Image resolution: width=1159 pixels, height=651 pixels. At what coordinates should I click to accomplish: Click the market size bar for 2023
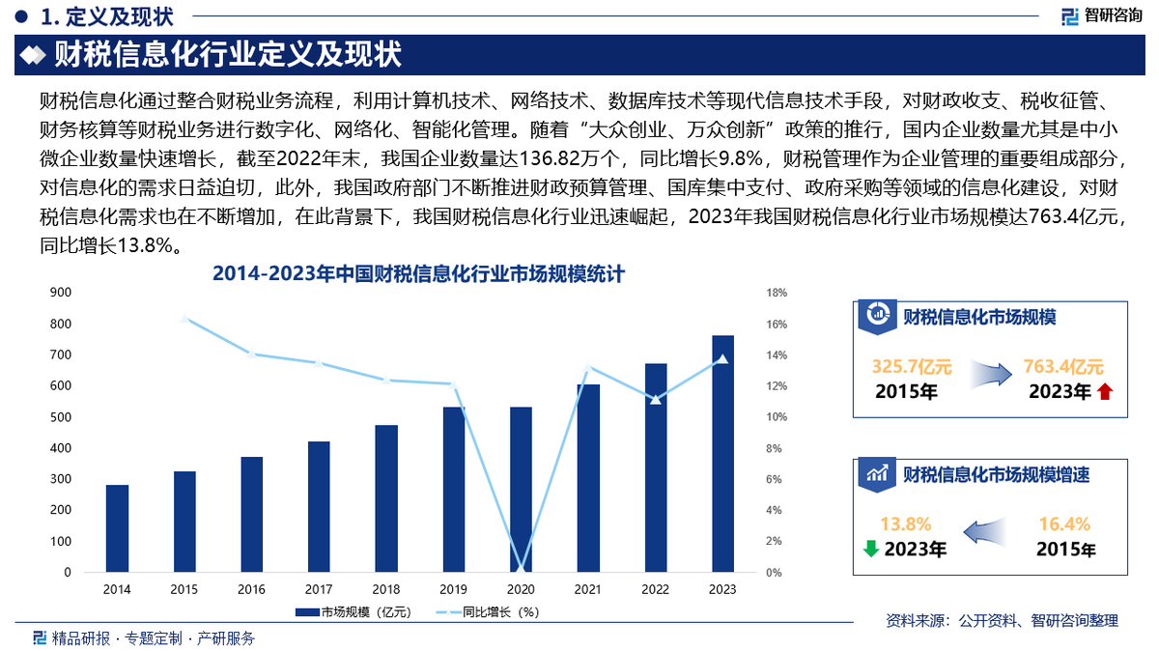[x=722, y=454]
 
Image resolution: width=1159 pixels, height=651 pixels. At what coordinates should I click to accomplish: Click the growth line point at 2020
[x=521, y=571]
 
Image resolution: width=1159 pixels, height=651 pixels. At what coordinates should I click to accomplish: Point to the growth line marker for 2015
[x=184, y=318]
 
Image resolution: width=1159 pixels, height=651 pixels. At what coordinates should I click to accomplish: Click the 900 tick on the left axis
[x=60, y=292]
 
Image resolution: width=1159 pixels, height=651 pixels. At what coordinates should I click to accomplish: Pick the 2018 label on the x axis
[x=386, y=589]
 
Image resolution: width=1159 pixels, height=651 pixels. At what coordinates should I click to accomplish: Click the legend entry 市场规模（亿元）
[x=353, y=611]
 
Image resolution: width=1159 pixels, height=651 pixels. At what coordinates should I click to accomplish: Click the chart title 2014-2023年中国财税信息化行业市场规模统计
[x=418, y=273]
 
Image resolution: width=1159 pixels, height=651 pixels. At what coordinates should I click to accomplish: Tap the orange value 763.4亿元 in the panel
[x=1063, y=367]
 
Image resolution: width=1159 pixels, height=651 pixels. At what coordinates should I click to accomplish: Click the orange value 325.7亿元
[x=912, y=367]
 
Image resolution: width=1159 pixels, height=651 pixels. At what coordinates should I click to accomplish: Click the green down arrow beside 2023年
[x=870, y=549]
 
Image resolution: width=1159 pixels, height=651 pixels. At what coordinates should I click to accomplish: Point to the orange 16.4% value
[x=1064, y=524]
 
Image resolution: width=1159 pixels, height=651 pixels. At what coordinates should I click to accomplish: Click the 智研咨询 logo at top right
[x=1101, y=15]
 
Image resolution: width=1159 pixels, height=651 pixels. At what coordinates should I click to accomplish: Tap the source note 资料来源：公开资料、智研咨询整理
[x=1002, y=621]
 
